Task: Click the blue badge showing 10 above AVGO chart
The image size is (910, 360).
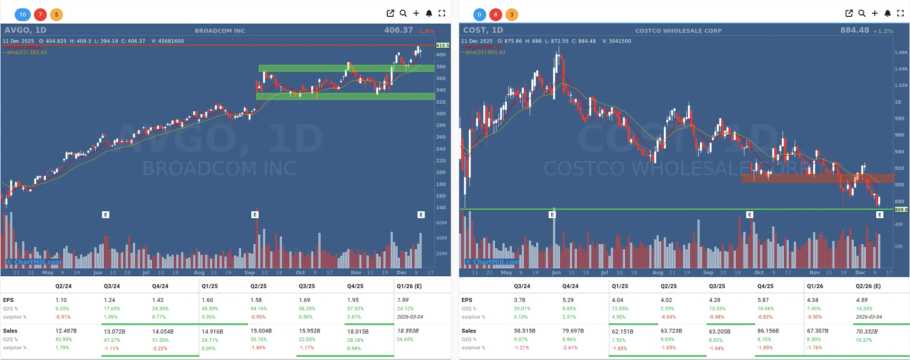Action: click(23, 14)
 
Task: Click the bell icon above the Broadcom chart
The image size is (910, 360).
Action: click(429, 13)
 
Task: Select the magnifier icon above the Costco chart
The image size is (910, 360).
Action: click(862, 13)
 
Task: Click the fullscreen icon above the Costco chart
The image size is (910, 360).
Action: click(901, 13)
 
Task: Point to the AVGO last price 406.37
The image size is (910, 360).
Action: click(401, 30)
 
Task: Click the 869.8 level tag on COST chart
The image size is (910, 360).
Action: click(901, 209)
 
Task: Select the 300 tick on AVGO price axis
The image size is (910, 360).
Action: click(441, 113)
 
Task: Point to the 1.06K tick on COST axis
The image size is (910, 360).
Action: click(901, 52)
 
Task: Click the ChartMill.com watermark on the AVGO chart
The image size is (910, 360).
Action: click(34, 262)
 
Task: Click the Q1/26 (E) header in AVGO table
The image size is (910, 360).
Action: click(410, 287)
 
